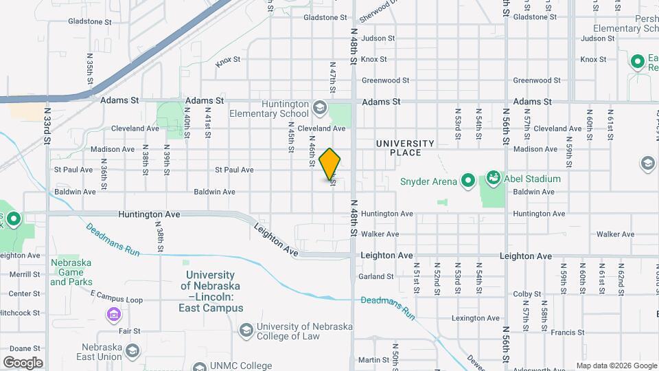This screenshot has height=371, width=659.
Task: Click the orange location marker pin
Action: point(330,164)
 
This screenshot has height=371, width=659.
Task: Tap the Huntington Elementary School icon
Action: point(319,107)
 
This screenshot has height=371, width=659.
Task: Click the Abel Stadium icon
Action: point(493,179)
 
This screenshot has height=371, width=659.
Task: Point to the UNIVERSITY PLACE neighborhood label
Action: point(405,147)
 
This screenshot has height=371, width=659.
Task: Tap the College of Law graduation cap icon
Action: point(245,330)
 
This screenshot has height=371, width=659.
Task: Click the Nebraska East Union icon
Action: point(132,352)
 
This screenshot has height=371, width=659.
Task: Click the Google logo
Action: point(22,363)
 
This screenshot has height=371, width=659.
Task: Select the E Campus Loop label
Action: point(117,300)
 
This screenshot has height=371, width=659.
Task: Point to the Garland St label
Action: point(375,277)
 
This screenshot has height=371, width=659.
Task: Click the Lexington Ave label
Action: point(474,318)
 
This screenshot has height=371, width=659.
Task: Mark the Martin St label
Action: point(374,360)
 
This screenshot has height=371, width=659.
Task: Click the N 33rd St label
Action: point(47,125)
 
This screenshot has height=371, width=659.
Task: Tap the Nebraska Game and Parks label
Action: point(71,271)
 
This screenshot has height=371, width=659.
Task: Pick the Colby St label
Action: point(528,294)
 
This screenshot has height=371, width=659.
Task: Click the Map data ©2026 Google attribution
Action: point(615,366)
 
